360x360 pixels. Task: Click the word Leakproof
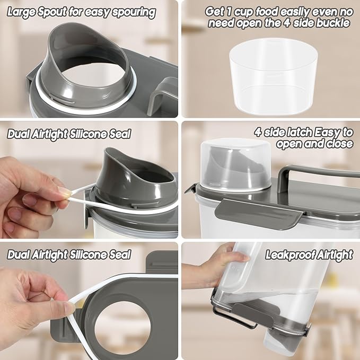285,255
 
